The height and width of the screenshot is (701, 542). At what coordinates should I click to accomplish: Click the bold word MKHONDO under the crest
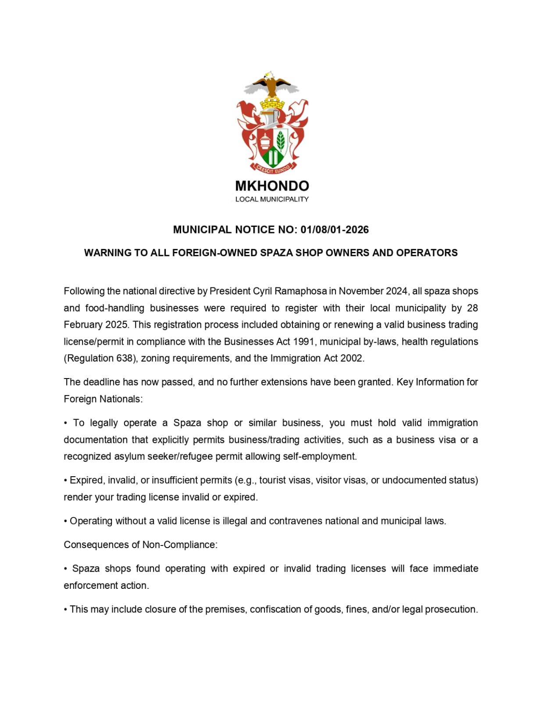click(272, 186)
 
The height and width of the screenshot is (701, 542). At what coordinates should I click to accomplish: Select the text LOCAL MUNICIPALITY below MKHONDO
click(272, 199)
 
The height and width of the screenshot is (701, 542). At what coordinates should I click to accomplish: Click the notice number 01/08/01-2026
click(335, 230)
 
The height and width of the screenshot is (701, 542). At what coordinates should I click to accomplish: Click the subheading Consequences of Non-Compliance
click(140, 545)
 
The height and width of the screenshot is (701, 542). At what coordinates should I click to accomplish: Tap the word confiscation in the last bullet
click(275, 609)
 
